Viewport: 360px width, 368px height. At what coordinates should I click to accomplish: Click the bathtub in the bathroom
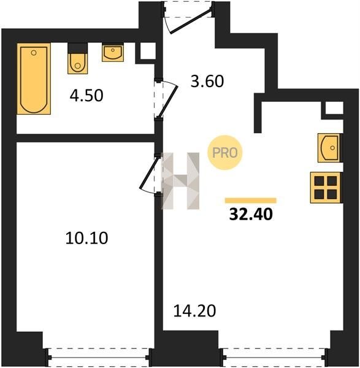coord(34,79)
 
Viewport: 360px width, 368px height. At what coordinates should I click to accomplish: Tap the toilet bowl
coord(78,64)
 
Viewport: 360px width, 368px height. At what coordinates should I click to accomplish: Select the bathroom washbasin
coord(113,53)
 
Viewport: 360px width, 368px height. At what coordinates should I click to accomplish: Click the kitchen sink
coord(329,148)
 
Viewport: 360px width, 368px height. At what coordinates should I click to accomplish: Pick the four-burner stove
coord(325,187)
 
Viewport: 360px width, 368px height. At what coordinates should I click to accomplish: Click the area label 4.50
coord(86,96)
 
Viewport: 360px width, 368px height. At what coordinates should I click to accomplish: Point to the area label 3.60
coord(207,82)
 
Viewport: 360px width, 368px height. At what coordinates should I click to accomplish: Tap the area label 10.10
coord(86,238)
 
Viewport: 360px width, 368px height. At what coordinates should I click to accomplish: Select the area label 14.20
coord(194,311)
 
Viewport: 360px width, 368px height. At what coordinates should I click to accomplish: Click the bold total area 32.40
coord(251,214)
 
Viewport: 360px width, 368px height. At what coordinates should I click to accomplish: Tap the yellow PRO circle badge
coord(225,153)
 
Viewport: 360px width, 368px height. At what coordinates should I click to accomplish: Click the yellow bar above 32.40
coord(251,201)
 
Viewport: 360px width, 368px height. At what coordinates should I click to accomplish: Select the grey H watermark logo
coord(180,181)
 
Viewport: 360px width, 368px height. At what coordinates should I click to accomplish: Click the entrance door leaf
coord(191,20)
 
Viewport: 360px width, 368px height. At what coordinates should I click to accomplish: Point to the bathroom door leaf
coord(168,102)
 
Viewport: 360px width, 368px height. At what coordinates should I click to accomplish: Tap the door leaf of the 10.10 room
coord(148,173)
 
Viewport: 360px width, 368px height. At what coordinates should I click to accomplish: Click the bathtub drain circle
coord(34,53)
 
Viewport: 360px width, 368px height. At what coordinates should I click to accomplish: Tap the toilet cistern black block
coord(78,48)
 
